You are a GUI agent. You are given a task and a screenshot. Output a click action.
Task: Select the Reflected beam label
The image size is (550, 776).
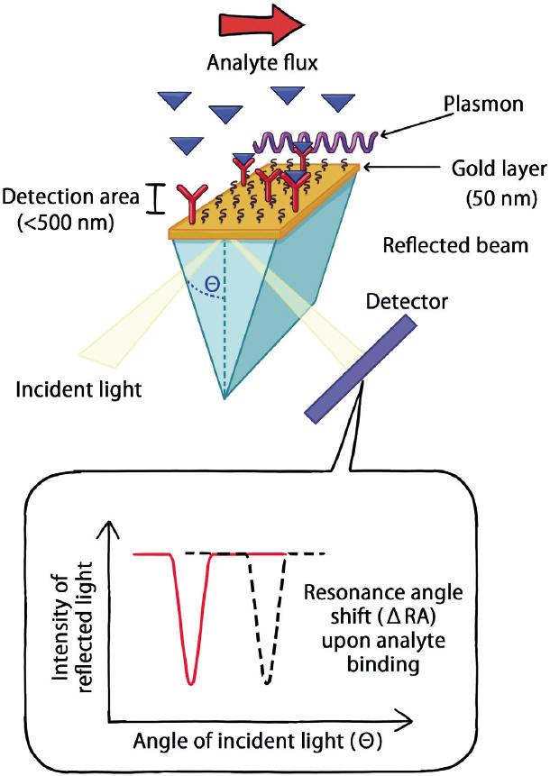coord(455,245)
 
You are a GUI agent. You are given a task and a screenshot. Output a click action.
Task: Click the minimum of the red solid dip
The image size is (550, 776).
coord(190,681)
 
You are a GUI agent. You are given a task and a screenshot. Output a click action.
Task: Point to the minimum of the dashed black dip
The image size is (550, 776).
coord(265,682)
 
